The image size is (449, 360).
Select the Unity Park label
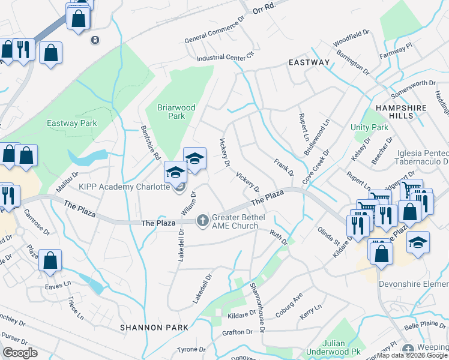pos(369,128)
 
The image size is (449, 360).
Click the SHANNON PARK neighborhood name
pos(154,328)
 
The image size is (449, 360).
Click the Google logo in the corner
pos(20,353)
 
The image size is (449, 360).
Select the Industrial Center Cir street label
pos(226,56)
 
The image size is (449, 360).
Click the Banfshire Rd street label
pos(150,142)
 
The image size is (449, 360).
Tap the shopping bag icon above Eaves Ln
pos(50,260)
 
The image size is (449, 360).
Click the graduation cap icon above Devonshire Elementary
pos(418,242)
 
